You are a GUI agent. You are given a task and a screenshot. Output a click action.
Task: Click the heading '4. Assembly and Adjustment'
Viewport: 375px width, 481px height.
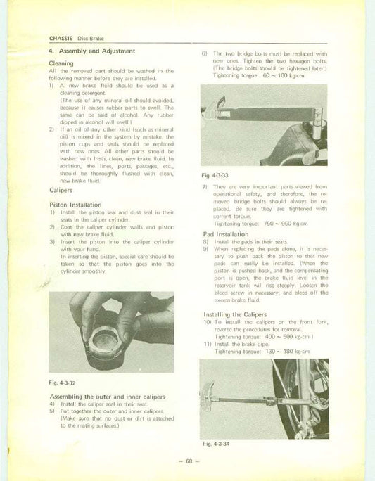pyautogui.click(x=91, y=51)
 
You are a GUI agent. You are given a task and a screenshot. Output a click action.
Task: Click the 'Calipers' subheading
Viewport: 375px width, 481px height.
pyautogui.click(x=63, y=190)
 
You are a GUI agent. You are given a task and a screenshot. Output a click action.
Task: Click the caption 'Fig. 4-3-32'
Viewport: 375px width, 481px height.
pyautogui.click(x=64, y=382)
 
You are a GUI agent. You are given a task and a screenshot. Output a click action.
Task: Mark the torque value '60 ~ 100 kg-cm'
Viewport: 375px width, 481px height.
pyautogui.click(x=287, y=74)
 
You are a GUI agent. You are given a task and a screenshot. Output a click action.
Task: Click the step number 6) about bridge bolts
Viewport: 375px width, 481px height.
pyautogui.click(x=204, y=53)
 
